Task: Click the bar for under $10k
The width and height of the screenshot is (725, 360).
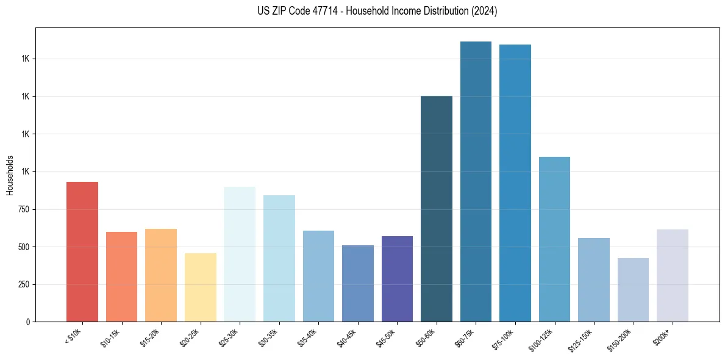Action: pos(82,251)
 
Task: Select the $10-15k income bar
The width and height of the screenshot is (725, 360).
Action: pos(121,276)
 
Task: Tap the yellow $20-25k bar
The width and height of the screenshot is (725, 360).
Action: pos(200,287)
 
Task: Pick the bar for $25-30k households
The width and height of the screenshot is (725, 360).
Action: pos(240,254)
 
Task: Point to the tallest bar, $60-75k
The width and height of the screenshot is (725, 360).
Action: pos(476,181)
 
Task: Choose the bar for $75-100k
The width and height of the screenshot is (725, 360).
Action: pos(515,183)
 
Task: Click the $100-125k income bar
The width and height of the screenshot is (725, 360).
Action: pos(554,239)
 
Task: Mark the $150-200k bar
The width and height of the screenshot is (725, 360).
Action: pos(633,290)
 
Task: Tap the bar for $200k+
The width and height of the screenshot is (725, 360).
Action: pos(673,275)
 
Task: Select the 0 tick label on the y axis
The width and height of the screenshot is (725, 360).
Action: pos(27,322)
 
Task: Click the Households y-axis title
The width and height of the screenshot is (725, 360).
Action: pos(10,175)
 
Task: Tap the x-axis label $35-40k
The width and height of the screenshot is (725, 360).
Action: pos(309,337)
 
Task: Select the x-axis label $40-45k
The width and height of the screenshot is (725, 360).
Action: pos(348,337)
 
